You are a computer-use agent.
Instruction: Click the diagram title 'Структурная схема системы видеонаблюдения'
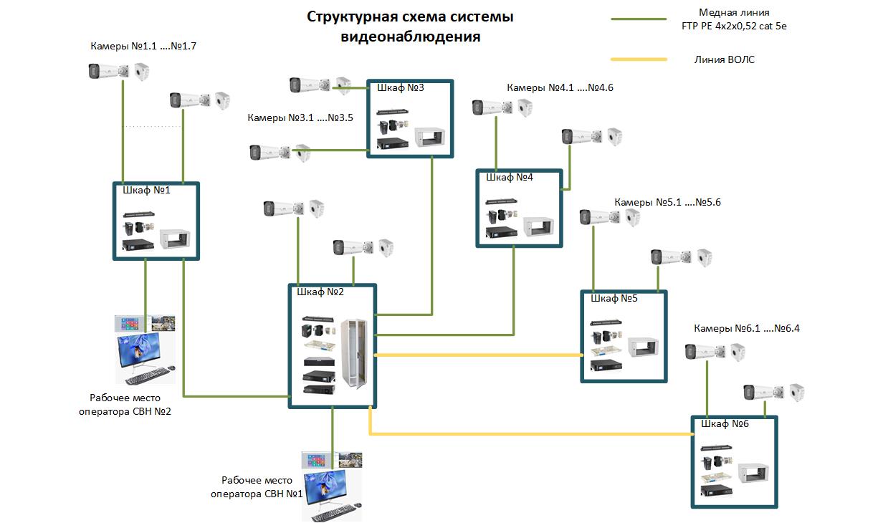[x=410, y=27]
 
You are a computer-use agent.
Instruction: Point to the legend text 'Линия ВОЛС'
[x=724, y=60]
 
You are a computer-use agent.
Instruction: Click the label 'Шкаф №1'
[x=146, y=191]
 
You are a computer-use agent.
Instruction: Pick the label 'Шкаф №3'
[x=400, y=88]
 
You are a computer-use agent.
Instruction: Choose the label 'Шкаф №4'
[x=510, y=177]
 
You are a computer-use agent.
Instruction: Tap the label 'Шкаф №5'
[x=614, y=298]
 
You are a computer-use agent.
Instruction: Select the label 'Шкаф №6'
[x=725, y=423]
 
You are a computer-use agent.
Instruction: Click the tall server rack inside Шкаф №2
[x=356, y=352]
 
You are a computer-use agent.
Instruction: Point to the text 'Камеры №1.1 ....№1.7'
[x=143, y=46]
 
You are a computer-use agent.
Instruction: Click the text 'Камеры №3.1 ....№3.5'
[x=300, y=117]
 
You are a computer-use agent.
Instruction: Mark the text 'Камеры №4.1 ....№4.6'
[x=560, y=87]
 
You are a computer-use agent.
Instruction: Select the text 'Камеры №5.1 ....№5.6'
[x=667, y=203]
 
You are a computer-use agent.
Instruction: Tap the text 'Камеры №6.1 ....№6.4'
[x=746, y=328]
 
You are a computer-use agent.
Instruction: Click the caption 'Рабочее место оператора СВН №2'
[x=125, y=405]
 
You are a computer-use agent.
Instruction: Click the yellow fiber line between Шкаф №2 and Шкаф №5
[x=477, y=355]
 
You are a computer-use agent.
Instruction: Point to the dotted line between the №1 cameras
[x=155, y=127]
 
